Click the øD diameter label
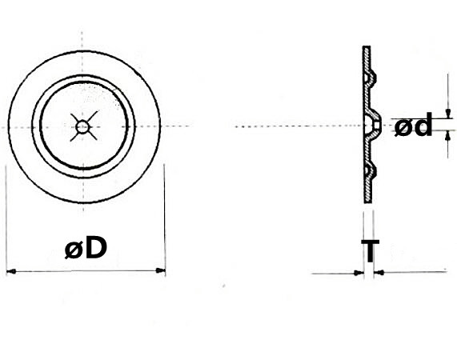click(86, 248)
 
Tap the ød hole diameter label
click(414, 126)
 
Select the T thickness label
click(369, 251)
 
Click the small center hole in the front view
click(82, 125)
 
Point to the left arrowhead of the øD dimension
click(10, 272)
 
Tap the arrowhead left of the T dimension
click(358, 273)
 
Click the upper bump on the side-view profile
click(373, 75)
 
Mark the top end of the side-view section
click(367, 50)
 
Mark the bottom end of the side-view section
click(367, 200)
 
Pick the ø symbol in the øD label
click(74, 250)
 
